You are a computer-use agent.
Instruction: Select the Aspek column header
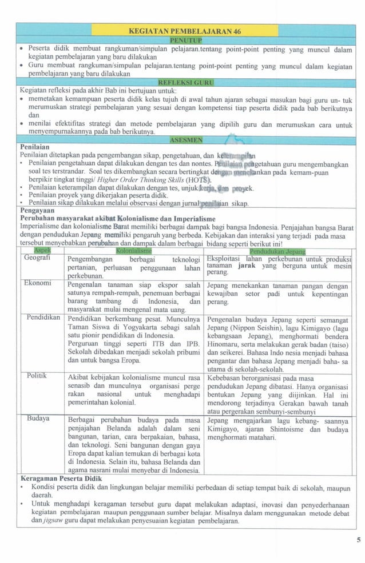pyautogui.click(x=42, y=251)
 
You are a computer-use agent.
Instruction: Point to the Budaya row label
pyautogui.click(x=38, y=419)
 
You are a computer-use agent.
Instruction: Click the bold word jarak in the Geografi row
pyautogui.click(x=247, y=266)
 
